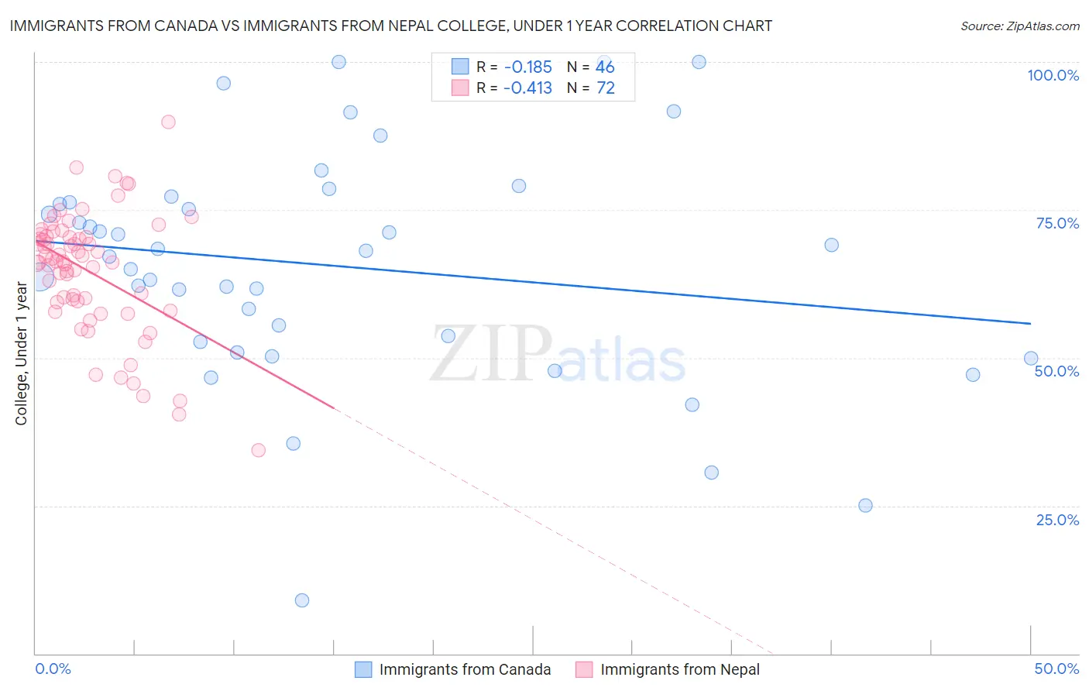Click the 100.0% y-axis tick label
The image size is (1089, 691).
pos(1053,75)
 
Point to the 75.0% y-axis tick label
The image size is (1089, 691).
pos(1057,223)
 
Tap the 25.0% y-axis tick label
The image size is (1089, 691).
pos(1057,519)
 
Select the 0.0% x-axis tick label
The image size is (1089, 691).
pos(53,669)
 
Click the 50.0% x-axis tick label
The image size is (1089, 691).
pos(1056,669)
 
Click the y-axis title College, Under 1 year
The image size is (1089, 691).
pos(21,355)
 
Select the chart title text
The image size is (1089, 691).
pos(391,26)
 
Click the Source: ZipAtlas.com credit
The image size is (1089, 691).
pos(1019,26)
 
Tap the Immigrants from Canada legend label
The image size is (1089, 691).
pos(465,669)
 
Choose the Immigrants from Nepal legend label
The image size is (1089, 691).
pos(679,669)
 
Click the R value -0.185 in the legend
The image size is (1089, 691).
pos(527,67)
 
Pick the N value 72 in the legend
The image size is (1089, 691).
pos(606,88)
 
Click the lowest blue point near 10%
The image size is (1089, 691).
pos(302,600)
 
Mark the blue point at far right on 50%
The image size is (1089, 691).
pos(1031,358)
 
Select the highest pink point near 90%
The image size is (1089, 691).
pos(168,122)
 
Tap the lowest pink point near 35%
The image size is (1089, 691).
pos(259,450)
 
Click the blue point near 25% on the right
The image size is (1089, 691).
pos(865,505)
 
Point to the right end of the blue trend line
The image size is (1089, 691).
pos(1031,323)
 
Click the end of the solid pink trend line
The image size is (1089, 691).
pos(334,407)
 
